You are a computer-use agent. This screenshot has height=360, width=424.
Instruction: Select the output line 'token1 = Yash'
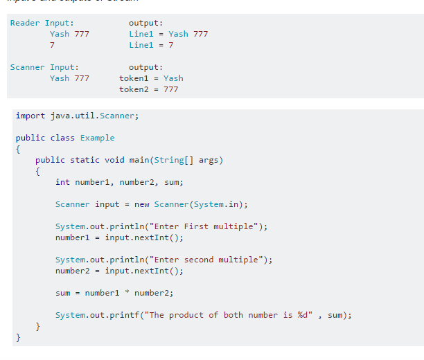point(151,78)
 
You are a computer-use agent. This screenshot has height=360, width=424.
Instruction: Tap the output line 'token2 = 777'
point(148,89)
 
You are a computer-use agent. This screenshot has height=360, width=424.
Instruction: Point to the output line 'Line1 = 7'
point(151,45)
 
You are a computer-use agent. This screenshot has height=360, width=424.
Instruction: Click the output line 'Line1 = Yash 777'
point(168,34)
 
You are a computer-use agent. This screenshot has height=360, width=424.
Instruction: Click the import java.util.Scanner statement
point(77,116)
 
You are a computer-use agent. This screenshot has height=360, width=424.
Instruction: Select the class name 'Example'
point(97,138)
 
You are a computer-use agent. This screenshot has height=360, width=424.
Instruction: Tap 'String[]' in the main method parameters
point(176,160)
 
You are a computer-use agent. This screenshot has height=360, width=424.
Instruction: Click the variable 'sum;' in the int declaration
point(174,182)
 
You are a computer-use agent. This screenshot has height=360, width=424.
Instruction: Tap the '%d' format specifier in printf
point(302,315)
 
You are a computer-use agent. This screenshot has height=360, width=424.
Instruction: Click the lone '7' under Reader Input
point(52,45)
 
